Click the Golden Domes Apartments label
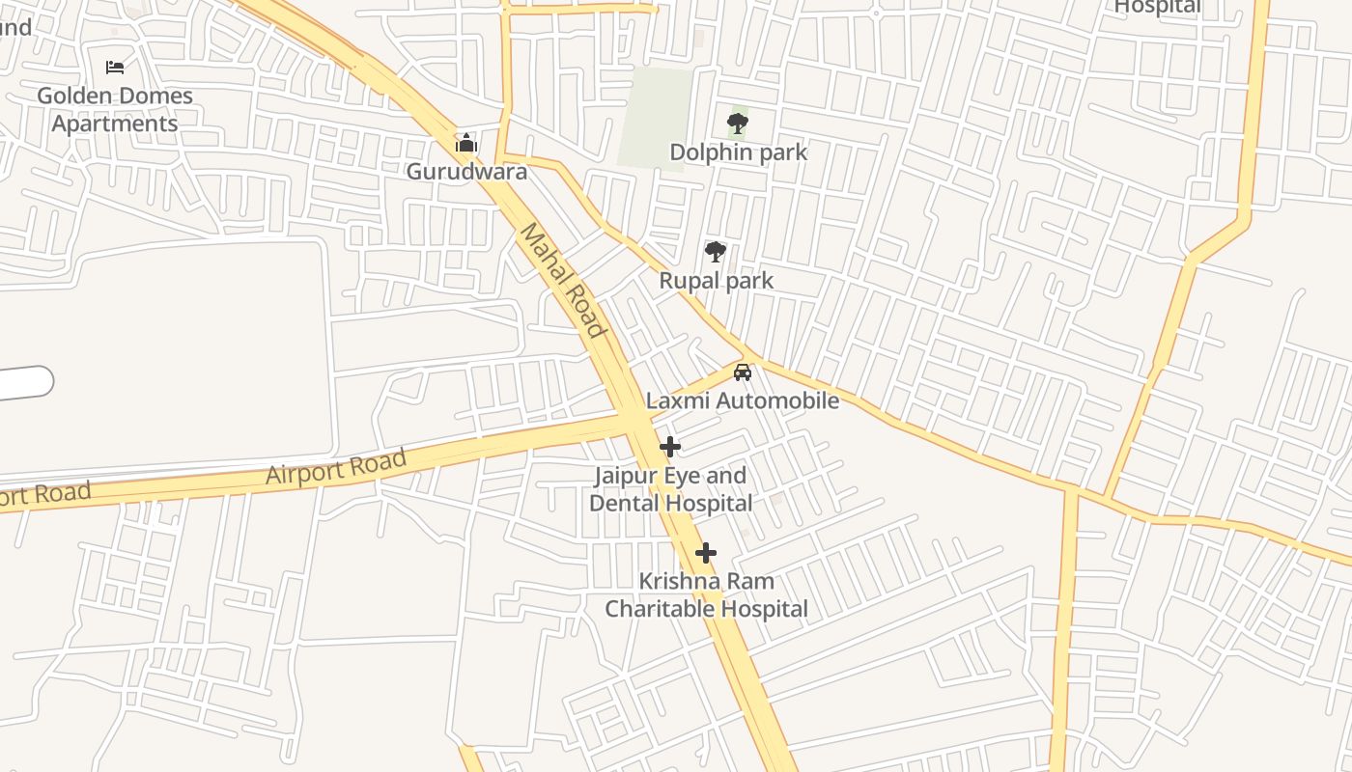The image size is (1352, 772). (x=115, y=110)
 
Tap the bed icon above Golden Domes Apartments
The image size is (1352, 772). (x=115, y=68)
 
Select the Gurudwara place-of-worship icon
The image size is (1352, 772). (x=466, y=144)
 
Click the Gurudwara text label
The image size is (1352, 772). (x=466, y=172)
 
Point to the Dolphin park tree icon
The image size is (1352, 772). (x=738, y=124)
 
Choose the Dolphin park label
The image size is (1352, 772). (x=738, y=152)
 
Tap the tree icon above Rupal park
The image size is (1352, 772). (x=716, y=252)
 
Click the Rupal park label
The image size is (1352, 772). (x=716, y=281)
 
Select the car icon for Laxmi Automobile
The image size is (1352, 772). (x=743, y=372)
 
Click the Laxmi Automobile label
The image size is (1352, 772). (x=743, y=400)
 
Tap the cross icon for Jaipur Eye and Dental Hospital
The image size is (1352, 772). (x=670, y=447)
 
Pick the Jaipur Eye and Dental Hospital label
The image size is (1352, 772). (x=671, y=489)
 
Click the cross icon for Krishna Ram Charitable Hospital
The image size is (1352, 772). (x=706, y=553)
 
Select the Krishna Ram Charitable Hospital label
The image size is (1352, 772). (x=706, y=595)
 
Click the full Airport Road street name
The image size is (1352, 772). (x=336, y=468)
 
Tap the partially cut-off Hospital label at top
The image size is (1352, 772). (x=1157, y=8)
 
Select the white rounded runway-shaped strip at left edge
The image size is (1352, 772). (x=24, y=382)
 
